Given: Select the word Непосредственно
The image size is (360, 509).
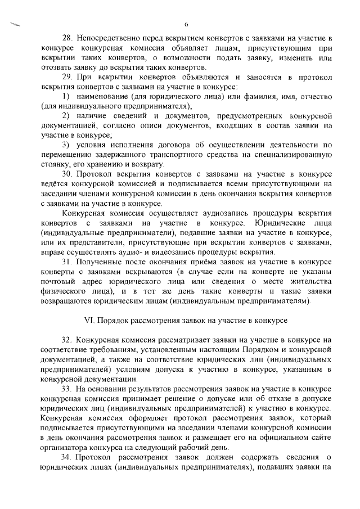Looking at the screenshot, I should tap(110, 38).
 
